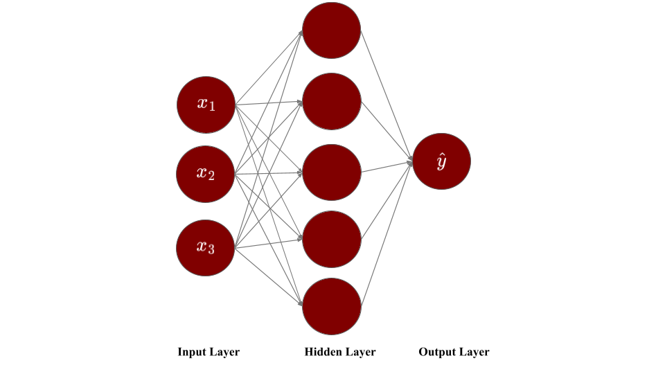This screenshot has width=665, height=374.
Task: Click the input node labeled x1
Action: [206, 105]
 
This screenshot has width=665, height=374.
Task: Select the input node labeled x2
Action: [206, 174]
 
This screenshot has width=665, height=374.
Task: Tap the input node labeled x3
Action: [206, 248]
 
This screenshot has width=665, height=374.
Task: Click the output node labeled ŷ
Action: [441, 161]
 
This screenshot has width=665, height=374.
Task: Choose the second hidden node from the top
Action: [332, 101]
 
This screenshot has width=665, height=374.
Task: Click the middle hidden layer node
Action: [332, 172]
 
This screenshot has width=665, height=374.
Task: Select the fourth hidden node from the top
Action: [332, 240]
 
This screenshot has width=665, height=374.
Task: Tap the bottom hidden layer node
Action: [332, 306]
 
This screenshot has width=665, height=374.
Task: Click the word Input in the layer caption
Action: [192, 352]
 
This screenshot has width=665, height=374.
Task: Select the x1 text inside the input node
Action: [206, 104]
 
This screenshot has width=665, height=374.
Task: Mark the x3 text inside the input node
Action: [206, 247]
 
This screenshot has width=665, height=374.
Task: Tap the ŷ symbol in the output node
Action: [441, 162]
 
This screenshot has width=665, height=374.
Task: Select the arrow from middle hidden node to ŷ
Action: [387, 167]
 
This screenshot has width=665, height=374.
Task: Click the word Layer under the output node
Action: [475, 352]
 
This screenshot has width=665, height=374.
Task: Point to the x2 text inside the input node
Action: [206, 173]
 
